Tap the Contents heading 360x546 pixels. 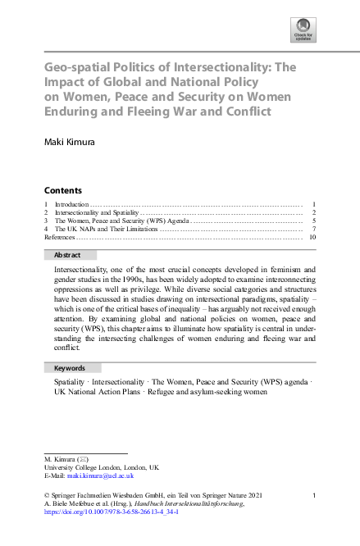(63, 190)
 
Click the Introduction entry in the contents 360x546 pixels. (71, 203)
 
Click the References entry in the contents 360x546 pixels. (59, 237)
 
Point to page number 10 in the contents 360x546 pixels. (312, 237)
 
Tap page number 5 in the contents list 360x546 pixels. (314, 221)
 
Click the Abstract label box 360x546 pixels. (73, 255)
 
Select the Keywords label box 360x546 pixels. (73, 368)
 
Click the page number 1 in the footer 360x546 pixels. (314, 495)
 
